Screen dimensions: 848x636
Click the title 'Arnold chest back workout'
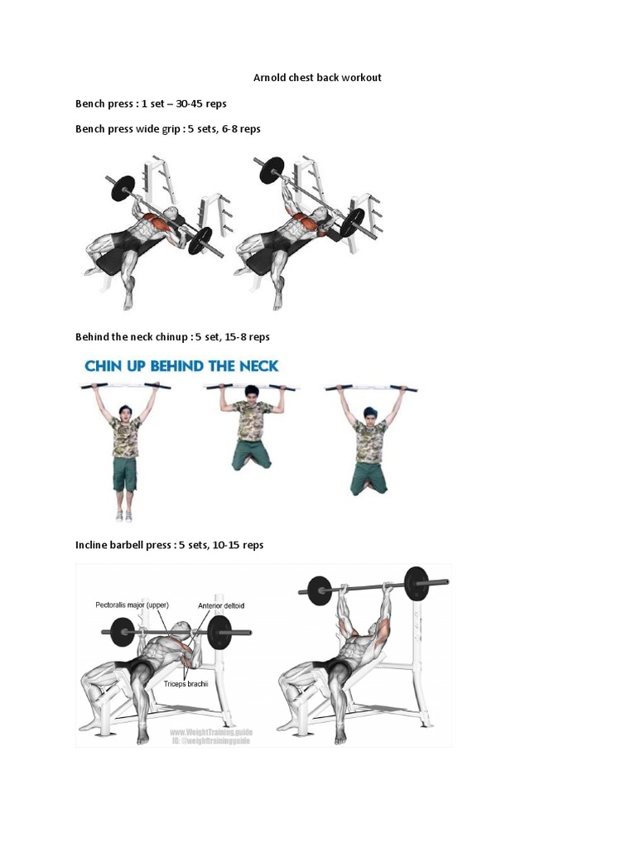pos(317,78)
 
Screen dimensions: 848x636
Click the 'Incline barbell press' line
pos(169,545)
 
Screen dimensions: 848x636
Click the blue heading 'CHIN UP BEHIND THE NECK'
pos(181,365)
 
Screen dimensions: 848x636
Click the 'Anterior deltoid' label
pos(221,605)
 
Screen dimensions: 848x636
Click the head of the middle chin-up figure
pos(252,392)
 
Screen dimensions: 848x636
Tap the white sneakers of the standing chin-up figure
pos(124,515)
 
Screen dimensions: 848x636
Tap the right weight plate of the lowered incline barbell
pos(219,634)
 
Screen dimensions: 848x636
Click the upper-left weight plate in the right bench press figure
pos(272,170)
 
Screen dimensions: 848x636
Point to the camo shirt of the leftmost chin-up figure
pos(126,438)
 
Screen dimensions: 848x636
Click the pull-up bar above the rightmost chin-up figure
pos(371,387)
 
